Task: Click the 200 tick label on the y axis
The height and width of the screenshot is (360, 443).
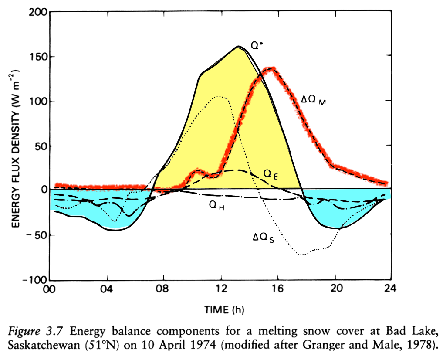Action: [x=38, y=12]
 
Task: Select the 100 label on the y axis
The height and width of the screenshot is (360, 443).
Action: [x=39, y=101]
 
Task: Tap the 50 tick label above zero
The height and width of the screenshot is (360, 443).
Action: [x=41, y=146]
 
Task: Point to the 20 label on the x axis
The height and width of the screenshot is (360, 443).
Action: [x=335, y=289]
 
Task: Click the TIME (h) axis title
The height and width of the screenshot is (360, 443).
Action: [x=224, y=310]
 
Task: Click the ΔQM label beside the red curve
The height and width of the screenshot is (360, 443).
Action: [x=314, y=100]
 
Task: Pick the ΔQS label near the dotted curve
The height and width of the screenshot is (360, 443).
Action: [x=264, y=238]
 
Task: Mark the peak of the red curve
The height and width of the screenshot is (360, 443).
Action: [x=271, y=69]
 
